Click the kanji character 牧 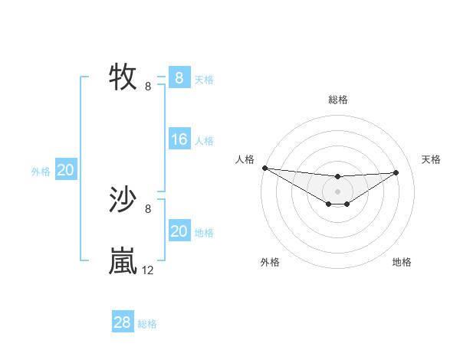point(123,77)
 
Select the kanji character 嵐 point(123,261)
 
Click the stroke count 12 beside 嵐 point(147,270)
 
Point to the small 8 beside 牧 point(148,87)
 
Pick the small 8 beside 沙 point(148,208)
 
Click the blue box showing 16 point(179,139)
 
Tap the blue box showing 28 point(122,322)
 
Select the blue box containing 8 point(179,77)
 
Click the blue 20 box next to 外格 point(65,170)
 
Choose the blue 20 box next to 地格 point(179,231)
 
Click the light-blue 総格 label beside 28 point(147,324)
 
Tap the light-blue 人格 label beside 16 point(204,141)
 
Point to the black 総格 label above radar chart point(338,100)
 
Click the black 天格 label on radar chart point(432,159)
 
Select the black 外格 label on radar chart point(270,262)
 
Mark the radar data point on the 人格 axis point(264,168)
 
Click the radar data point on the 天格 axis point(396,172)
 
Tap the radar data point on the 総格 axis point(338,177)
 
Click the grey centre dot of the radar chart point(338,191)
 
